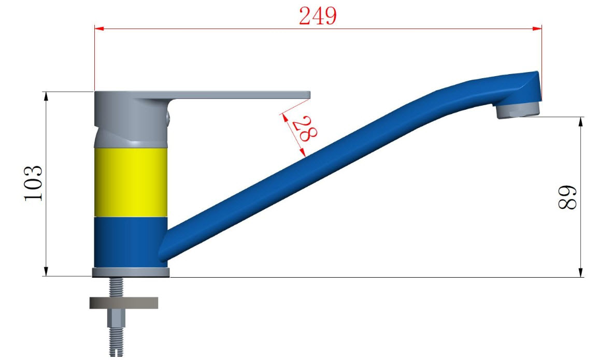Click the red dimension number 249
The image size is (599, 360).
(x=318, y=17)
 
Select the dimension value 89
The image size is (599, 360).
(x=567, y=197)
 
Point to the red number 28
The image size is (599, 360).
(x=305, y=129)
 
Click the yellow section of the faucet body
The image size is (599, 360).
(x=131, y=182)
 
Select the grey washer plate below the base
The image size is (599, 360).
(x=124, y=303)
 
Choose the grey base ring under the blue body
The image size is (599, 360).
(x=131, y=272)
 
